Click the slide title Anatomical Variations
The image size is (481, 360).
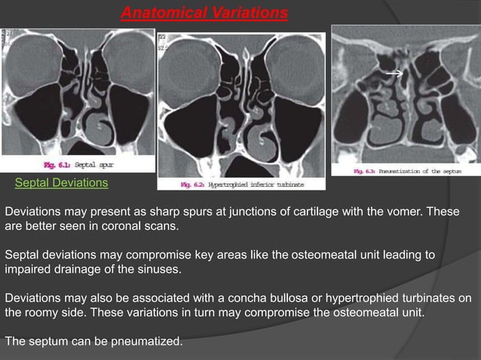(x=204, y=13)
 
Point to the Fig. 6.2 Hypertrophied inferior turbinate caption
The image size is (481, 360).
(x=240, y=184)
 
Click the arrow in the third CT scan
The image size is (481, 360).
(x=391, y=74)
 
